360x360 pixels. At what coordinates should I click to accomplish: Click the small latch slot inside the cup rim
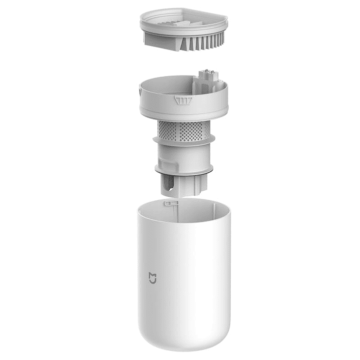point(171,203)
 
